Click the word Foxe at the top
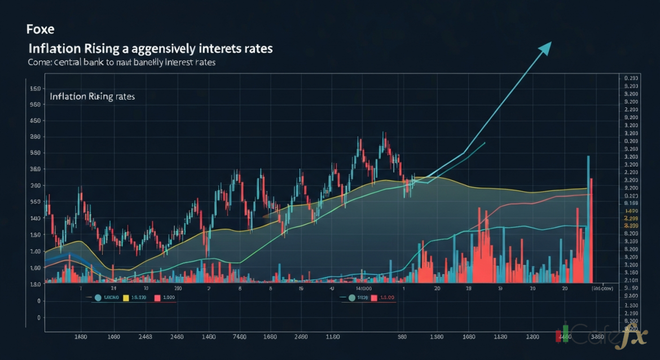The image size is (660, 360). click(x=40, y=28)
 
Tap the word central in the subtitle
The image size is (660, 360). click(x=71, y=63)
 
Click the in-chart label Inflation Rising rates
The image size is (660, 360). click(x=92, y=96)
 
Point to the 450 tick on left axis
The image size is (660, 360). click(x=35, y=121)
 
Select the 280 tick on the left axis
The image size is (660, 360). click(x=35, y=137)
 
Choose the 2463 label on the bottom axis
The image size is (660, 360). click(x=145, y=337)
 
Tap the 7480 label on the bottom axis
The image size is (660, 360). click(x=239, y=337)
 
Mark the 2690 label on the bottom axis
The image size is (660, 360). click(x=300, y=337)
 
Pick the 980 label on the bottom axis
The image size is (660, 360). click(x=402, y=337)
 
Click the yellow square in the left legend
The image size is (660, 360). click(x=126, y=297)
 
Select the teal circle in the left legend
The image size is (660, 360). click(x=98, y=297)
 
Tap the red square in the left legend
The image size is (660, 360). click(x=157, y=297)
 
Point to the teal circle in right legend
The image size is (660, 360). click(x=352, y=297)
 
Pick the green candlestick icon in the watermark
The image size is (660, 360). click(x=565, y=333)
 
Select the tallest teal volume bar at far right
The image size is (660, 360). click(x=588, y=220)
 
